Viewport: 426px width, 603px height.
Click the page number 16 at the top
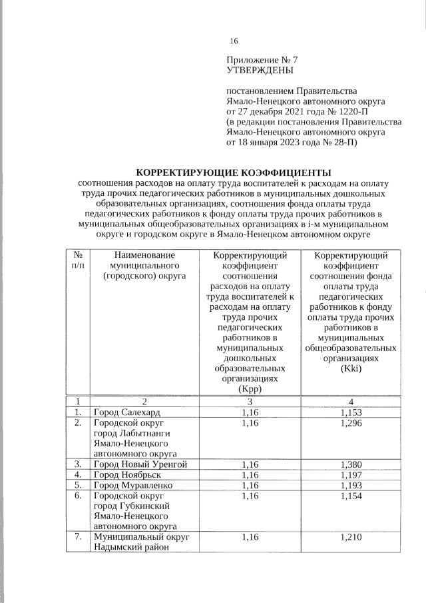tap(234, 41)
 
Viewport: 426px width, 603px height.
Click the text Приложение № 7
tap(260, 59)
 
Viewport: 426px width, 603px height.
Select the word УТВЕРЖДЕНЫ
tap(260, 69)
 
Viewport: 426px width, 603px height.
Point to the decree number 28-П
tap(343, 142)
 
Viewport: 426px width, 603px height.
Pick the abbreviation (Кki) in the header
tap(351, 369)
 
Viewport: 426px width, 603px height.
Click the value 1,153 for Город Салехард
tap(351, 412)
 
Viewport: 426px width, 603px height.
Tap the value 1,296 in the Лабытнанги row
tap(351, 423)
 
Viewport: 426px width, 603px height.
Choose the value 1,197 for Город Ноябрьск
tap(351, 474)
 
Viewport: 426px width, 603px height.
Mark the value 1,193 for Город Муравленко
tap(351, 485)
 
